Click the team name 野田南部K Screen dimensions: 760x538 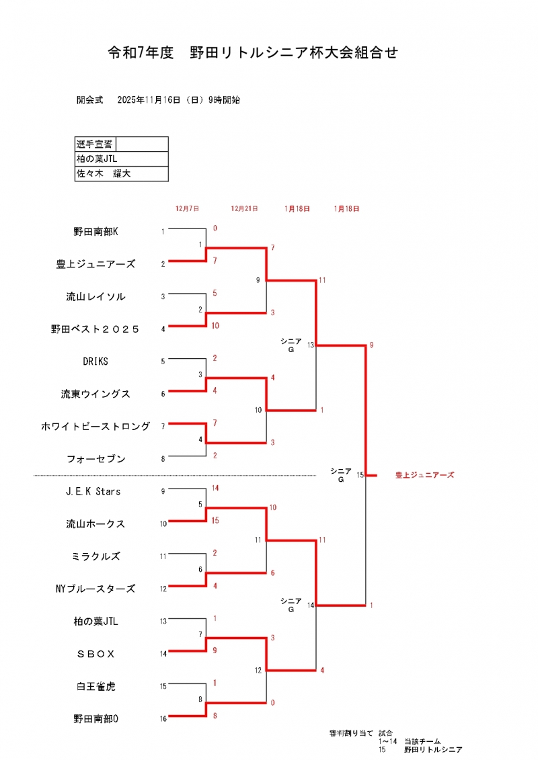95,232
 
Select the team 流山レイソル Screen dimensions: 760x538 95,296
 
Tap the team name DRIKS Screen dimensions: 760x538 95,362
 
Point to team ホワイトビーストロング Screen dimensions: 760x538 95,426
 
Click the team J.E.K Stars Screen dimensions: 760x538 93,491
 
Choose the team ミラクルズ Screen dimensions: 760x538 95,556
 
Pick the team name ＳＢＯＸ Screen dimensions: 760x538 95,654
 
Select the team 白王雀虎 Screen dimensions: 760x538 95,687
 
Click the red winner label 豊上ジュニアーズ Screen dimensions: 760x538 424,475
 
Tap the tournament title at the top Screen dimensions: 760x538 253,52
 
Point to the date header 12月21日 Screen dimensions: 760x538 244,209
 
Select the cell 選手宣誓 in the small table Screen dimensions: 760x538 95,144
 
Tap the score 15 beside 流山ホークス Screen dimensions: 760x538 215,521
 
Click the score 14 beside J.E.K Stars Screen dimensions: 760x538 215,488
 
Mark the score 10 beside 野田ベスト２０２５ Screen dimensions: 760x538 215,325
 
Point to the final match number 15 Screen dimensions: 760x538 360,475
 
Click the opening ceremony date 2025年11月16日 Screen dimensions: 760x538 149,100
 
